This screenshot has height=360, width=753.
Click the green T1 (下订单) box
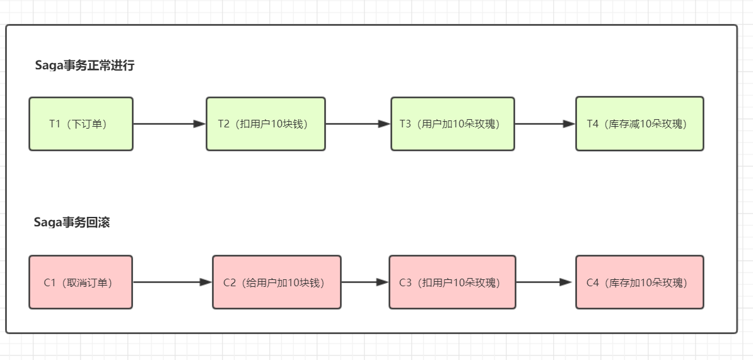pos(81,124)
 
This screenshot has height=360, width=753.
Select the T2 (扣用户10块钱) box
pos(266,124)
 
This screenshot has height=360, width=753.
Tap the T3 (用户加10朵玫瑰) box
pos(452,124)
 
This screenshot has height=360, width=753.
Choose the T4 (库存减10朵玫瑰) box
pos(639,124)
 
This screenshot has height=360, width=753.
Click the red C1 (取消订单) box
pos(81,282)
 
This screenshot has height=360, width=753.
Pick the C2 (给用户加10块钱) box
pos(277,282)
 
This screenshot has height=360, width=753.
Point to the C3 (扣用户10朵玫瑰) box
pos(452,282)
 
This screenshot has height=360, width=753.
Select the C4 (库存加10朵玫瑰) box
pos(639,282)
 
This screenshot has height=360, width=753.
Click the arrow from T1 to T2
pos(170,124)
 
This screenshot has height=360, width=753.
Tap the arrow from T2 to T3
pos(358,124)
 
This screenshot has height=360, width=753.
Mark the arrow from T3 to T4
pos(545,124)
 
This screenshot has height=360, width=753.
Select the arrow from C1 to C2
pos(172,282)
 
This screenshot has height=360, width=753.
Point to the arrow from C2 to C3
pos(365,282)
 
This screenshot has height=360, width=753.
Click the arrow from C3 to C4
pos(544,282)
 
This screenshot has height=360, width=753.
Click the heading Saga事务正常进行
pos(85,66)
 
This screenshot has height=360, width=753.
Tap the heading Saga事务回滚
pos(72,223)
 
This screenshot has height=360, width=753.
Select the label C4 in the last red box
pos(593,282)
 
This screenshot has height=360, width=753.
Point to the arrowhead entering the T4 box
pos(569,124)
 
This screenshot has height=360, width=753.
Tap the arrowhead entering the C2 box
pos(206,282)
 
